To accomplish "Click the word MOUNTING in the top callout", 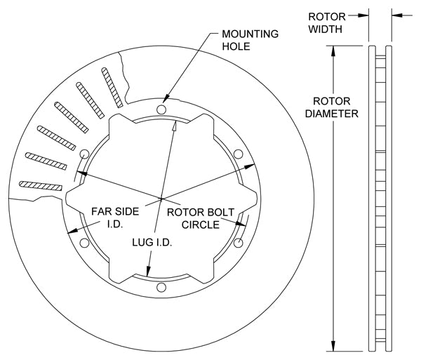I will [250, 34].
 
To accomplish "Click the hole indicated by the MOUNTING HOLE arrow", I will [162, 109].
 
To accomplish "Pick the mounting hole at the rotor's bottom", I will [162, 286].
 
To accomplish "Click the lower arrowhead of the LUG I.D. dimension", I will [148, 274].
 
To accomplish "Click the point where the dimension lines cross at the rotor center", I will [161, 197].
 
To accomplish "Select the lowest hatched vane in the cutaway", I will [41, 186].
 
